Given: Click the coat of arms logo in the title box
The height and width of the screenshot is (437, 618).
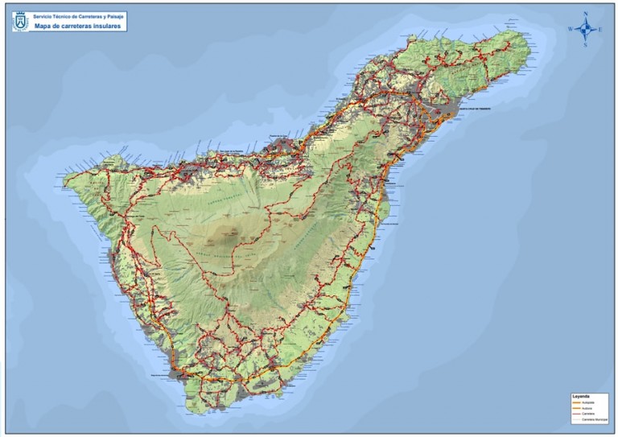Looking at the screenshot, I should coord(20,21).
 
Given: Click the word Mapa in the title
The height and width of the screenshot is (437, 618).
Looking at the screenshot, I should coord(43,26).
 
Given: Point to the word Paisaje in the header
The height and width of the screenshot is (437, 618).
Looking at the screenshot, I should coord(112,16).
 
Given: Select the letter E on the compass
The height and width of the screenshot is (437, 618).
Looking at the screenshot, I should coord(600,29).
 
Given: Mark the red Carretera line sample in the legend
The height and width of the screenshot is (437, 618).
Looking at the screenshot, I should coord(576,415).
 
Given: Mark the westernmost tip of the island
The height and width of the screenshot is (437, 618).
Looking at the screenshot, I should coord(64,179).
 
